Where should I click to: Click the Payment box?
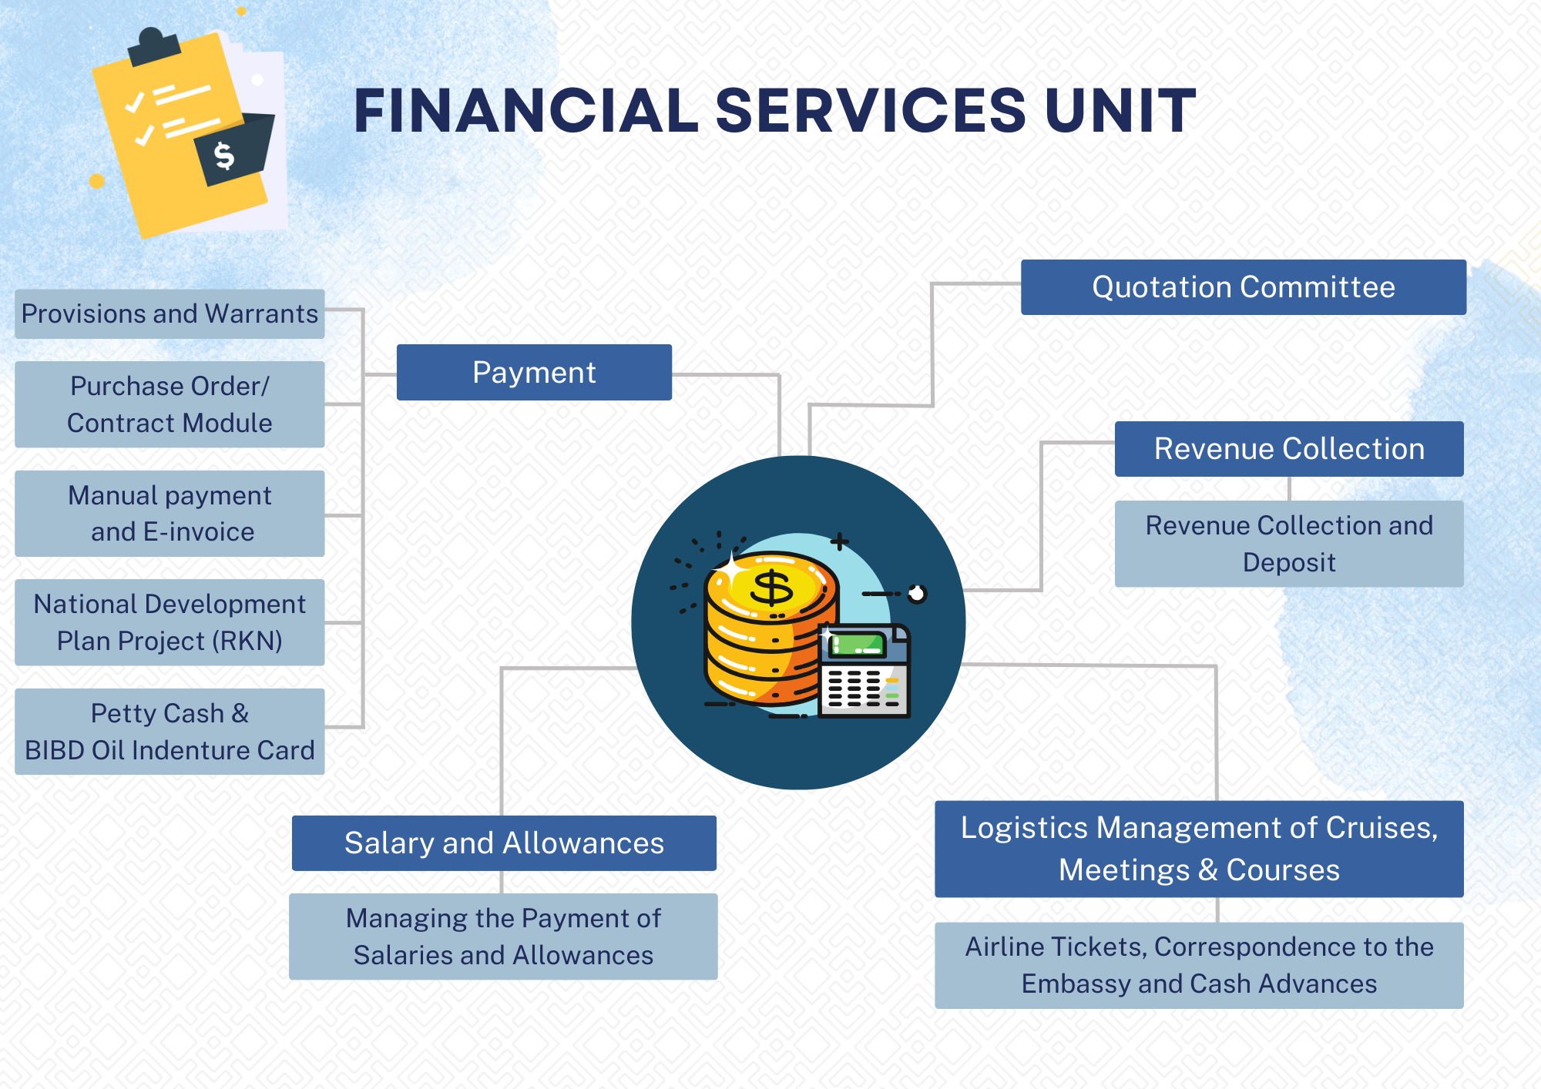[534, 373]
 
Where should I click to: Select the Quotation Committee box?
[1243, 287]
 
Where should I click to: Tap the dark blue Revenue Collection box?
[1288, 449]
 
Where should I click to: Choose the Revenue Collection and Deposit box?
[1288, 544]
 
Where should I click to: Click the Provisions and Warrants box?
[170, 314]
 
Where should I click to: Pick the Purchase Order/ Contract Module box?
[170, 404]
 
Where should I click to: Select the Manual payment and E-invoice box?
[170, 514]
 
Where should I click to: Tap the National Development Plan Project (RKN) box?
[170, 622]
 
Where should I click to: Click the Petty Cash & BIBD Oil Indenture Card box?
[170, 732]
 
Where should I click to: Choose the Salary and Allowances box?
[504, 843]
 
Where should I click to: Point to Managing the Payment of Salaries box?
[503, 937]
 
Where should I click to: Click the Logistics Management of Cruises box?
[1199, 849]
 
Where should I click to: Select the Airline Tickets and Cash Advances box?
[1199, 965]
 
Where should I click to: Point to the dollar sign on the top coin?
[771, 588]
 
